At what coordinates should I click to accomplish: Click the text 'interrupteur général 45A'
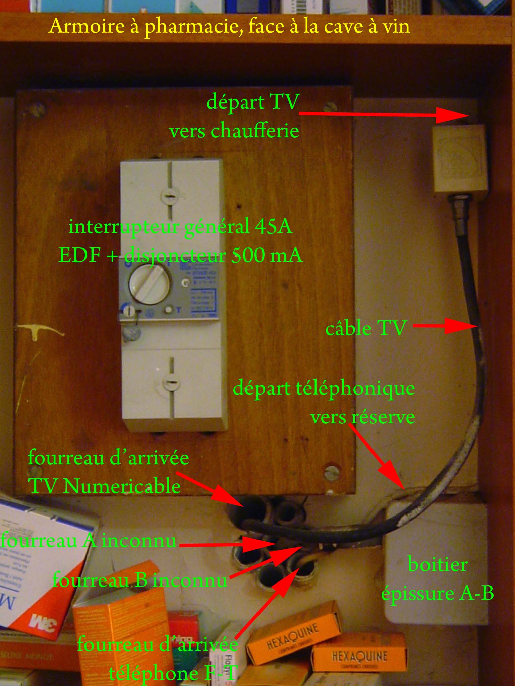[181, 227]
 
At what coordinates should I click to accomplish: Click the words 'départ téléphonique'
[324, 389]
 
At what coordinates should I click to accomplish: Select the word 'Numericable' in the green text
[122, 486]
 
